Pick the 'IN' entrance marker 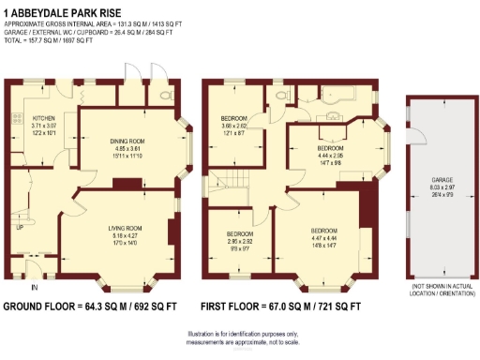point(35,286)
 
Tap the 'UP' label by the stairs point(19,228)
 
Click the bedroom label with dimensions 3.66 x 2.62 point(233,119)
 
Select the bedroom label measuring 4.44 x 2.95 point(329,149)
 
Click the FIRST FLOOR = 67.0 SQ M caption point(280,307)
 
